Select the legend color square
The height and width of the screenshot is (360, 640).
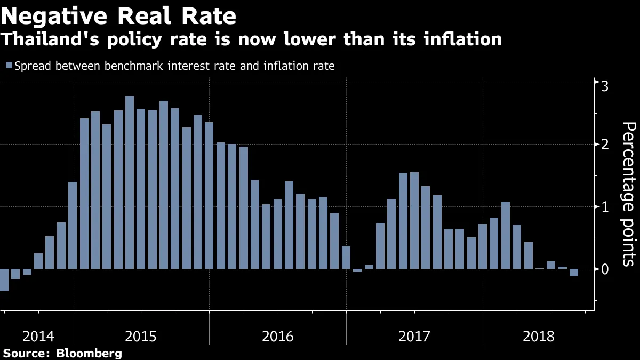click(x=9, y=66)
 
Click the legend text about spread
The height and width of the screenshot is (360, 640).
click(x=174, y=66)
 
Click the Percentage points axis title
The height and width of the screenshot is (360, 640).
click(x=629, y=194)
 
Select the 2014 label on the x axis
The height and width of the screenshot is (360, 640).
click(x=38, y=337)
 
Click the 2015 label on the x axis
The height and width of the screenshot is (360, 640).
click(x=141, y=337)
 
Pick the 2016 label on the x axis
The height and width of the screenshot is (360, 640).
click(x=278, y=337)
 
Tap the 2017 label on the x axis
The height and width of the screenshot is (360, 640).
click(x=414, y=337)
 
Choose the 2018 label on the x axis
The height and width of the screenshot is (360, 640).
click(x=539, y=337)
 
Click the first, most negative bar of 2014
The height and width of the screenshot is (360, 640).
click(x=4, y=279)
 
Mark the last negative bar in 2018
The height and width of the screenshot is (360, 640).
click(x=574, y=273)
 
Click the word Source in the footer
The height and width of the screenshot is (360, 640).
click(x=23, y=353)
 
